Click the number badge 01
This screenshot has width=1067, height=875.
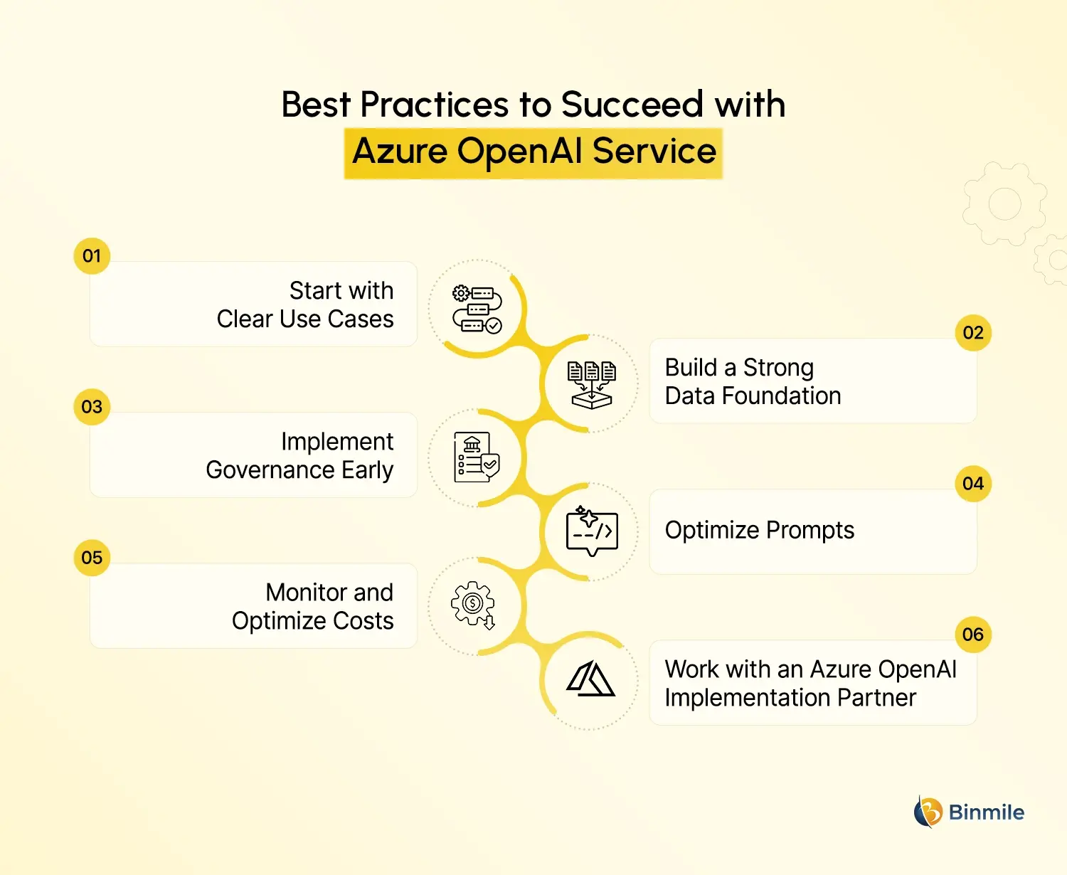tap(92, 255)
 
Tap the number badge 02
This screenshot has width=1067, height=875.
tap(972, 332)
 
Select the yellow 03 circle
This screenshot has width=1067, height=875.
tap(92, 406)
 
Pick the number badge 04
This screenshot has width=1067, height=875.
tap(972, 484)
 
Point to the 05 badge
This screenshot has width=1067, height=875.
tap(92, 557)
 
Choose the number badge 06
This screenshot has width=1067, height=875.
tap(972, 634)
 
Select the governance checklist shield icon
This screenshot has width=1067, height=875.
tap(477, 457)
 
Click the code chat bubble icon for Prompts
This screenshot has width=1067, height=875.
tap(592, 531)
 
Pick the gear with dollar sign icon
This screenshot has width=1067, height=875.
tap(473, 605)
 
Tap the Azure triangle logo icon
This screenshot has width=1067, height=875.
tap(590, 679)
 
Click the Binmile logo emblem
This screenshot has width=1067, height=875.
tap(928, 812)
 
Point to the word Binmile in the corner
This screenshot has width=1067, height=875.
tap(986, 812)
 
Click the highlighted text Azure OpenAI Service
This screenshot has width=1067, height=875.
tap(533, 152)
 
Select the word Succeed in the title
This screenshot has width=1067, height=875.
tap(632, 105)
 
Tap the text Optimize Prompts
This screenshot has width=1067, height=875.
tap(759, 530)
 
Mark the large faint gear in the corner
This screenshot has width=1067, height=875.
tap(1004, 204)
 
